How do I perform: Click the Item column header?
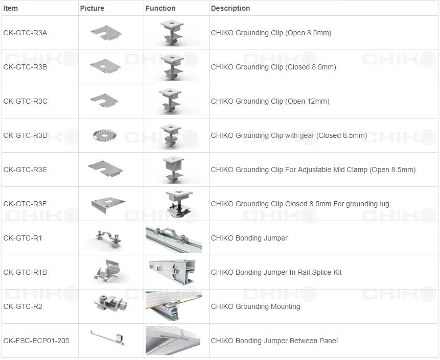pos(11,8)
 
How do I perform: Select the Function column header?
pos(160,8)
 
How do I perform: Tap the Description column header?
pos(230,8)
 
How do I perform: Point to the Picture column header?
pos(92,8)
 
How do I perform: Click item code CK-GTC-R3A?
pos(25,33)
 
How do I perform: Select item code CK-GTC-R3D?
pos(25,135)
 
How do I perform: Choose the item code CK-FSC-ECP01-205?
pos(36,341)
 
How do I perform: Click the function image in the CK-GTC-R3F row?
pos(176,203)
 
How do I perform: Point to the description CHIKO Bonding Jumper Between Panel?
pos(274,341)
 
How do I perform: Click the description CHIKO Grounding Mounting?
pos(256,306)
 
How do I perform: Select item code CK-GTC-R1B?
pos(25,272)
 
